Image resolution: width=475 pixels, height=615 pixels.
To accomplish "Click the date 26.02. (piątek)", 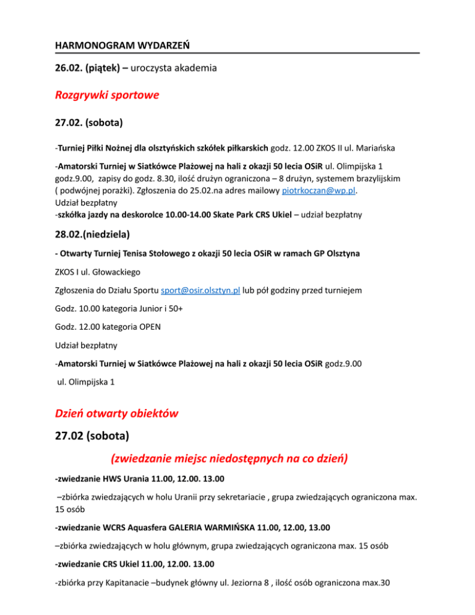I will [x=87, y=70].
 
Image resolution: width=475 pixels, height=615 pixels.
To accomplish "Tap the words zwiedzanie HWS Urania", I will [x=105, y=478].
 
